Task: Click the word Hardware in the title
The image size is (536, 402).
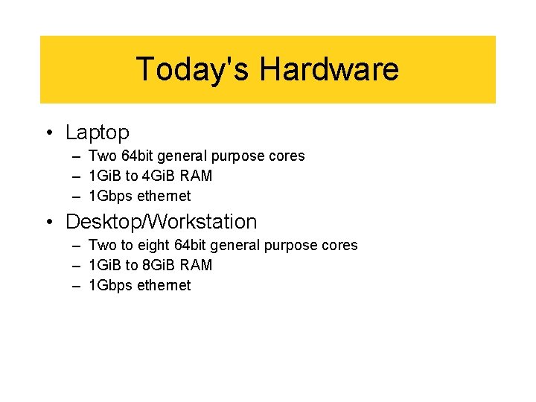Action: point(329,69)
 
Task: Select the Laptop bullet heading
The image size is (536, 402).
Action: point(98,133)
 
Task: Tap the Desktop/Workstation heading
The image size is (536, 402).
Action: point(162,222)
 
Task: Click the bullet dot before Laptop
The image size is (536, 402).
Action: point(48,133)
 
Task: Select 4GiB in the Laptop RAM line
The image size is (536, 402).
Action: point(160,176)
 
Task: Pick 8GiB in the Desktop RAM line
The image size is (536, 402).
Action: point(160,266)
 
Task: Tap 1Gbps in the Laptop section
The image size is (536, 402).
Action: point(108,197)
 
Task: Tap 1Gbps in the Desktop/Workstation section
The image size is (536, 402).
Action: point(108,286)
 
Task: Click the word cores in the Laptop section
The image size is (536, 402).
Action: point(287,156)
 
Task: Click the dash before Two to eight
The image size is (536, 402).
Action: point(77,246)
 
